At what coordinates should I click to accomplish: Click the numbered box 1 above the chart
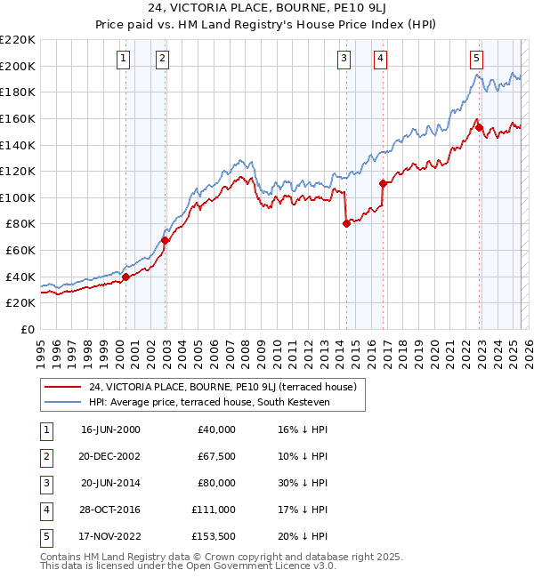[x=123, y=59]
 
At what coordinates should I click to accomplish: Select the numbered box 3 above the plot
[x=344, y=59]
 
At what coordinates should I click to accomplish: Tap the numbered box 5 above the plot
[x=477, y=59]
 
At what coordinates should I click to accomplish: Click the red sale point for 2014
[x=346, y=224]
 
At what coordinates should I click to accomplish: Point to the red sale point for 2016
[x=384, y=183]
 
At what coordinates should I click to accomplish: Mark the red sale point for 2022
[x=479, y=127]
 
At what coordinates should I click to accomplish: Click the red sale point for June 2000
[x=125, y=277]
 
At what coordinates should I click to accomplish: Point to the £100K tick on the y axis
[x=18, y=197]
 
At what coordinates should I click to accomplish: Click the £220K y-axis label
[x=18, y=40]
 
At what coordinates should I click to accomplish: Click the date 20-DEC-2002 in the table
[x=110, y=456]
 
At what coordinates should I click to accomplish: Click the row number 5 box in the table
[x=45, y=536]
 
